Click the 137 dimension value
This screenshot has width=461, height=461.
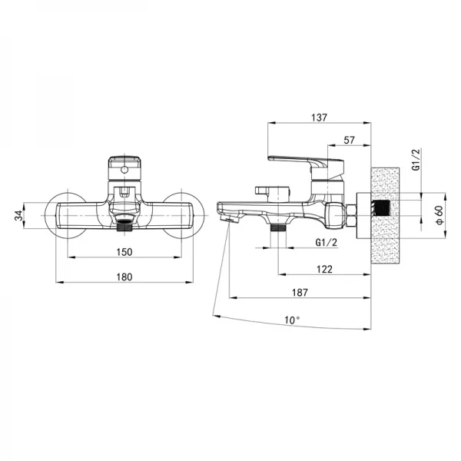click(319, 118)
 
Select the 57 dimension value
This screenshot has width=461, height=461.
click(349, 141)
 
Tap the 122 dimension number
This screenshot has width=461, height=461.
click(324, 269)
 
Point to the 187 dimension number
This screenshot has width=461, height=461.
click(300, 293)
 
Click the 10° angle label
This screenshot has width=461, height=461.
click(293, 320)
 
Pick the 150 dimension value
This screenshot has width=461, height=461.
click(124, 252)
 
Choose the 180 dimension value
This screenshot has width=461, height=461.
click(124, 277)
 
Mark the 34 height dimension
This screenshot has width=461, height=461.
click(18, 215)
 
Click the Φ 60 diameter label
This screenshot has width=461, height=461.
click(439, 215)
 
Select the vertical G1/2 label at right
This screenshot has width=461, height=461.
click(416, 159)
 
